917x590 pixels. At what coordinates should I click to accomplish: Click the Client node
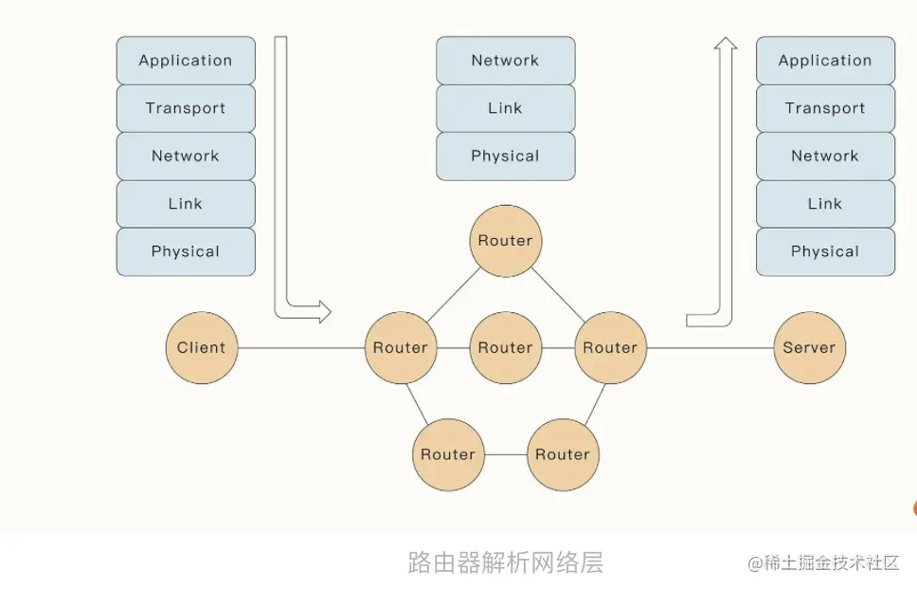(202, 348)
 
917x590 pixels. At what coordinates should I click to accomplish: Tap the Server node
(810, 348)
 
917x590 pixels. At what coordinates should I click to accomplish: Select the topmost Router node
(506, 241)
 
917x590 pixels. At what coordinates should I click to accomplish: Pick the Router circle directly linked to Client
(401, 348)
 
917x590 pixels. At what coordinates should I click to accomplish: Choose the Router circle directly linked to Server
(611, 348)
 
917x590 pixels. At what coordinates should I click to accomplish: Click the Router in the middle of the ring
(506, 348)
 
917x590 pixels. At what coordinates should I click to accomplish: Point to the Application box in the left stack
(186, 61)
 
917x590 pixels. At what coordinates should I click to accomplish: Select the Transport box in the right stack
(825, 108)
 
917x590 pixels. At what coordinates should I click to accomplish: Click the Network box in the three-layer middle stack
(506, 61)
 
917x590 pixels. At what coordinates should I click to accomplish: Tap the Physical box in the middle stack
(506, 157)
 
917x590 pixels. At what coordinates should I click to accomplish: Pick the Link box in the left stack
(186, 204)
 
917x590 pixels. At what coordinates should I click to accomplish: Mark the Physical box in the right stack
(825, 251)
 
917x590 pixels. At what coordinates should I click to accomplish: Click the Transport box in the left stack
(186, 108)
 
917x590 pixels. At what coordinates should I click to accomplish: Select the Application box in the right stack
(825, 61)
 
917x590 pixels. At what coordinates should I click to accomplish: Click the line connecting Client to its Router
(301, 348)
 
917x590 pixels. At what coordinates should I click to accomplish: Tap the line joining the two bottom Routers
(506, 455)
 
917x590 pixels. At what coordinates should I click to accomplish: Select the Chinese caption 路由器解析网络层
(506, 562)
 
